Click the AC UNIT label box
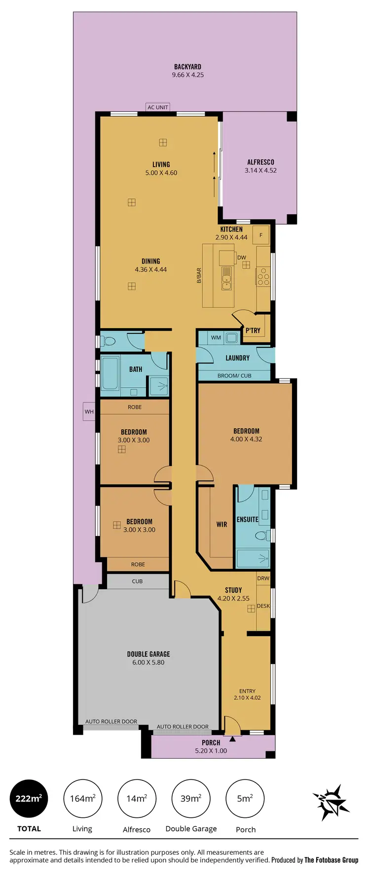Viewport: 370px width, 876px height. click(x=158, y=107)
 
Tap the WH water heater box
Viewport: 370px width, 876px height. click(x=89, y=412)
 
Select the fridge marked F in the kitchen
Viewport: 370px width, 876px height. click(x=261, y=235)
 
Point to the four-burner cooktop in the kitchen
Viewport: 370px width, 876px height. click(x=263, y=276)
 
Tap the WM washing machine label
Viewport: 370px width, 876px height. click(x=216, y=337)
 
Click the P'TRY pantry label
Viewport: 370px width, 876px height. click(x=253, y=330)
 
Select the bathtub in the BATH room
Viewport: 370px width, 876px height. click(x=110, y=375)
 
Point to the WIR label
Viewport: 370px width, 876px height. click(x=222, y=524)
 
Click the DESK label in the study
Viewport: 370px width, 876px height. click(x=263, y=606)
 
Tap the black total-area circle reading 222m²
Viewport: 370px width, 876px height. click(x=29, y=799)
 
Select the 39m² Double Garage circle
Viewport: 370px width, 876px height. click(x=191, y=799)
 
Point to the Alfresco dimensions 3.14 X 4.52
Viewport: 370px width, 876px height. click(x=260, y=170)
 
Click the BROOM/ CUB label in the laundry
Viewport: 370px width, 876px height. click(x=234, y=375)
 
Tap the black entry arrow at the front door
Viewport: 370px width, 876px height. click(x=232, y=739)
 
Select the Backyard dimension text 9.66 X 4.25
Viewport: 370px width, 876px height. click(x=187, y=75)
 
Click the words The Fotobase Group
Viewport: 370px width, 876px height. click(x=331, y=860)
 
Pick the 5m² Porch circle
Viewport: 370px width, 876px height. click(x=245, y=799)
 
